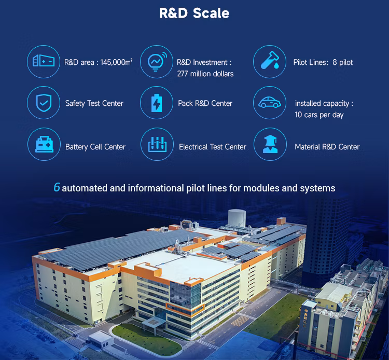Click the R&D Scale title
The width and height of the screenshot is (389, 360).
194,13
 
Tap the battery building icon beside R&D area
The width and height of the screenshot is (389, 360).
44,62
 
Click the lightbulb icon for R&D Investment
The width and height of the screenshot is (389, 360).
157,62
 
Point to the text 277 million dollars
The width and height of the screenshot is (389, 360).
205,74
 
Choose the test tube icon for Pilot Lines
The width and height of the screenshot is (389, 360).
270,62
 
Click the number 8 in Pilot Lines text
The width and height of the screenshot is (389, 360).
335,62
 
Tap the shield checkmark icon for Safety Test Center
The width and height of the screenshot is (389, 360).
44,103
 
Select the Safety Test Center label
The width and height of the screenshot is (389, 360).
94,103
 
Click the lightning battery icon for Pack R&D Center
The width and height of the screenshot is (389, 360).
157,103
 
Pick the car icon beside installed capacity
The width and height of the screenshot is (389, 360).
270,103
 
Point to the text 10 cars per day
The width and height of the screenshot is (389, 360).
319,115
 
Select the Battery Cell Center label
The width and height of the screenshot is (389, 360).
95,147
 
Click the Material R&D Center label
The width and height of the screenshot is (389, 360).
327,147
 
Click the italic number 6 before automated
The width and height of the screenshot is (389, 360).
57,188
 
